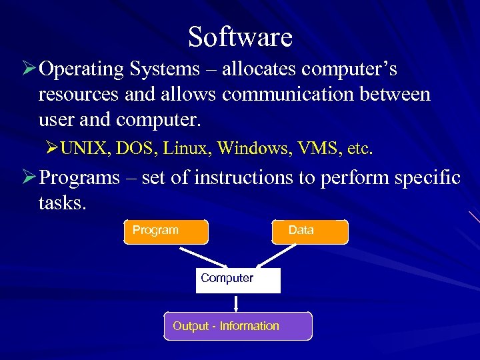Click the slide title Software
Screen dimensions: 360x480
240,37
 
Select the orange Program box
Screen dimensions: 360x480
166,231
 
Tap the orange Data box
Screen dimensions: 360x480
310,231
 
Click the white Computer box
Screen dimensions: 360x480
238,280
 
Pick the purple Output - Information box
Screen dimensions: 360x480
238,326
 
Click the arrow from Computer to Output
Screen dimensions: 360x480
236,303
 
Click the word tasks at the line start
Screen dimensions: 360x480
61,203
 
